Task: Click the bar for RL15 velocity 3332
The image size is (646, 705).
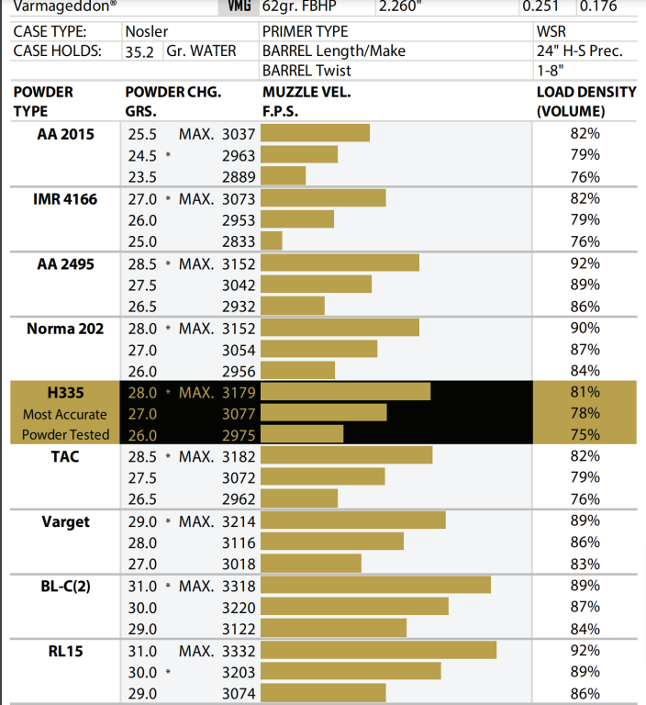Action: click(378, 651)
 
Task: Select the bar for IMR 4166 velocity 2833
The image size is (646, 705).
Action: click(272, 241)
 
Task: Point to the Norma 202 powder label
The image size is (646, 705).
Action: click(65, 329)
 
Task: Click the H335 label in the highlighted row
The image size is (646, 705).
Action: click(65, 393)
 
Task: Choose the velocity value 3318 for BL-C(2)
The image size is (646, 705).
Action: click(239, 587)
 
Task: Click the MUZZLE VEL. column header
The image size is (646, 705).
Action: click(306, 93)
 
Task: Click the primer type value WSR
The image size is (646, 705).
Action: click(554, 31)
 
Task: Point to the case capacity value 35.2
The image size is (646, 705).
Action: click(141, 51)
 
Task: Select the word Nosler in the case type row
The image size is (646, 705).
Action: click(147, 31)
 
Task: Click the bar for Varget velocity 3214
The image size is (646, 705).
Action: click(353, 521)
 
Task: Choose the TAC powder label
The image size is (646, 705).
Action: click(65, 457)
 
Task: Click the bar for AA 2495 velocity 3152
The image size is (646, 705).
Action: click(340, 263)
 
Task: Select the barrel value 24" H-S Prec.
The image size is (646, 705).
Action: click(579, 51)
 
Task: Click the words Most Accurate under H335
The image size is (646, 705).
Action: click(65, 414)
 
